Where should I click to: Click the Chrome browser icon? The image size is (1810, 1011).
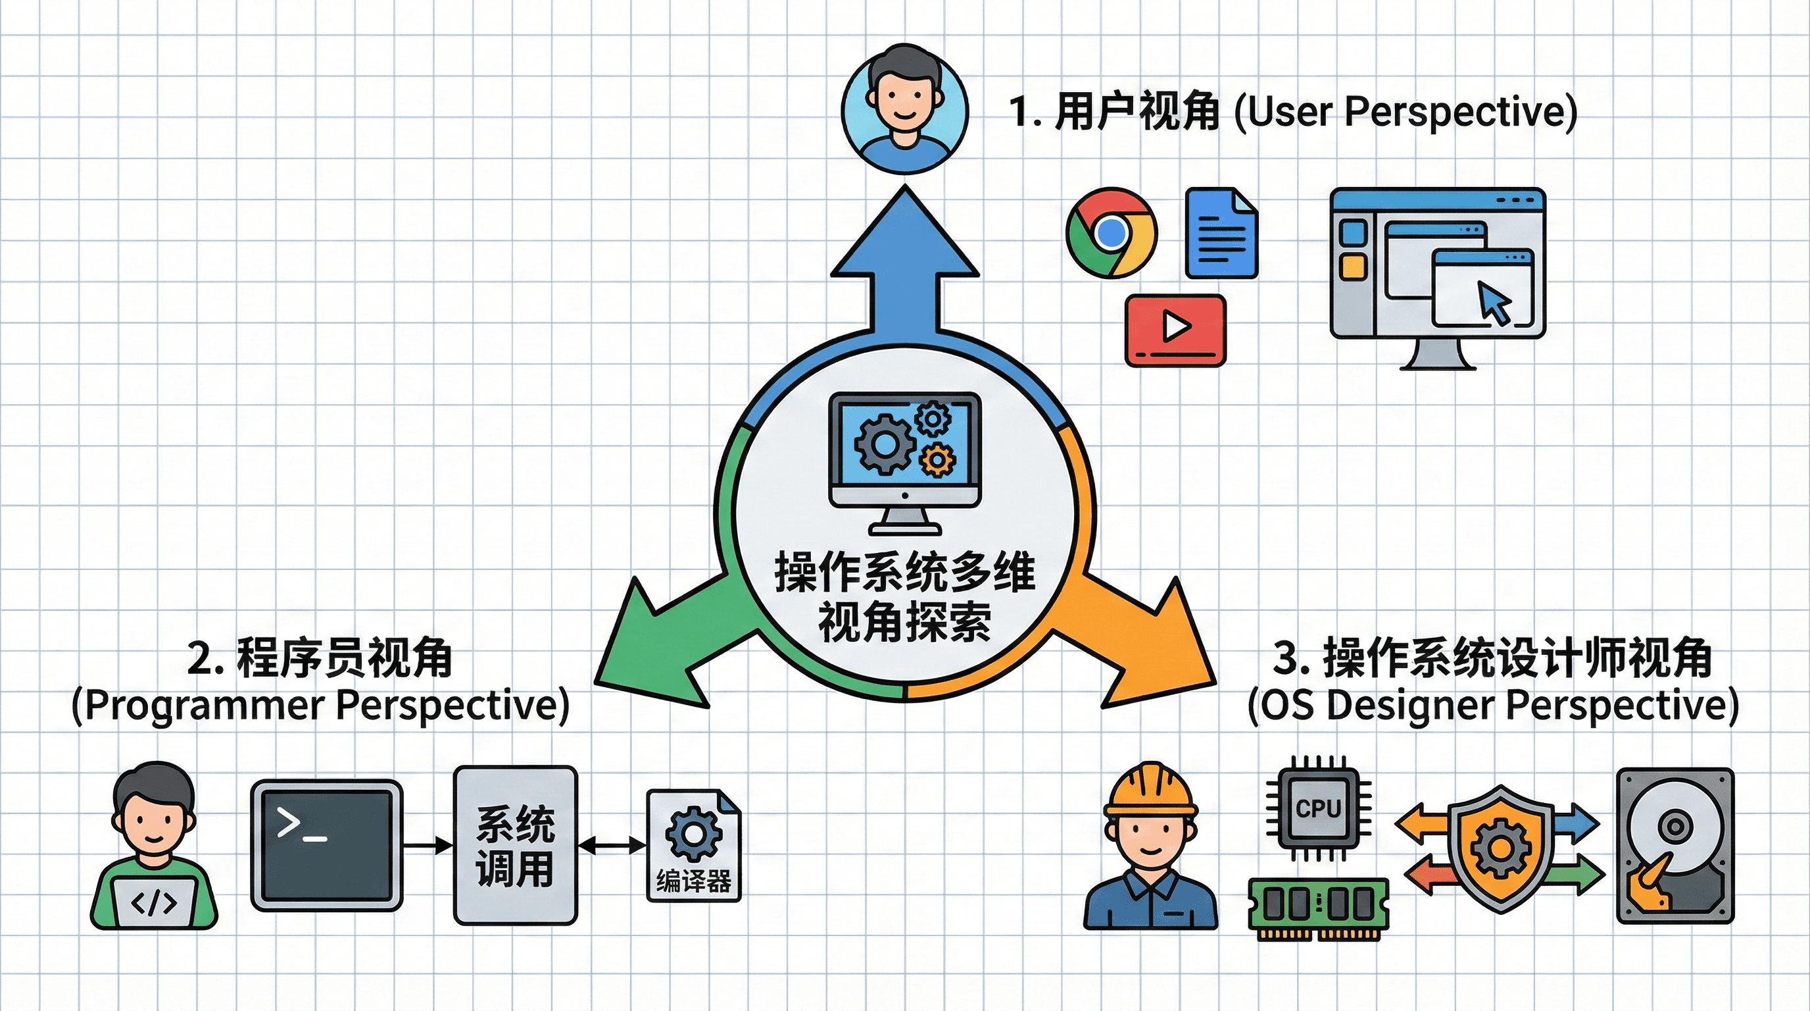1110,233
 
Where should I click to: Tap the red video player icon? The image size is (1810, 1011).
1175,330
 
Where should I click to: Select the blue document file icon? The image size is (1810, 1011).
1221,233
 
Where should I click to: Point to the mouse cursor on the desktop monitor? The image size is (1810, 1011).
1494,301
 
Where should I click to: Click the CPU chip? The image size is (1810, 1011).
1318,808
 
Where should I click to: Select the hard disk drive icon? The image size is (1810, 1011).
1675,846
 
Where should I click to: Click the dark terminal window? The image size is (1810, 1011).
327,844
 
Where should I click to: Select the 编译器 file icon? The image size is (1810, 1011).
693,846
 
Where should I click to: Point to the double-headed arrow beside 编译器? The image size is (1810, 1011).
611,845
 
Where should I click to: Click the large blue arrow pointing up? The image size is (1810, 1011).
905,267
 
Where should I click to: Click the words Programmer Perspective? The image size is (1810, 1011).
320,705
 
